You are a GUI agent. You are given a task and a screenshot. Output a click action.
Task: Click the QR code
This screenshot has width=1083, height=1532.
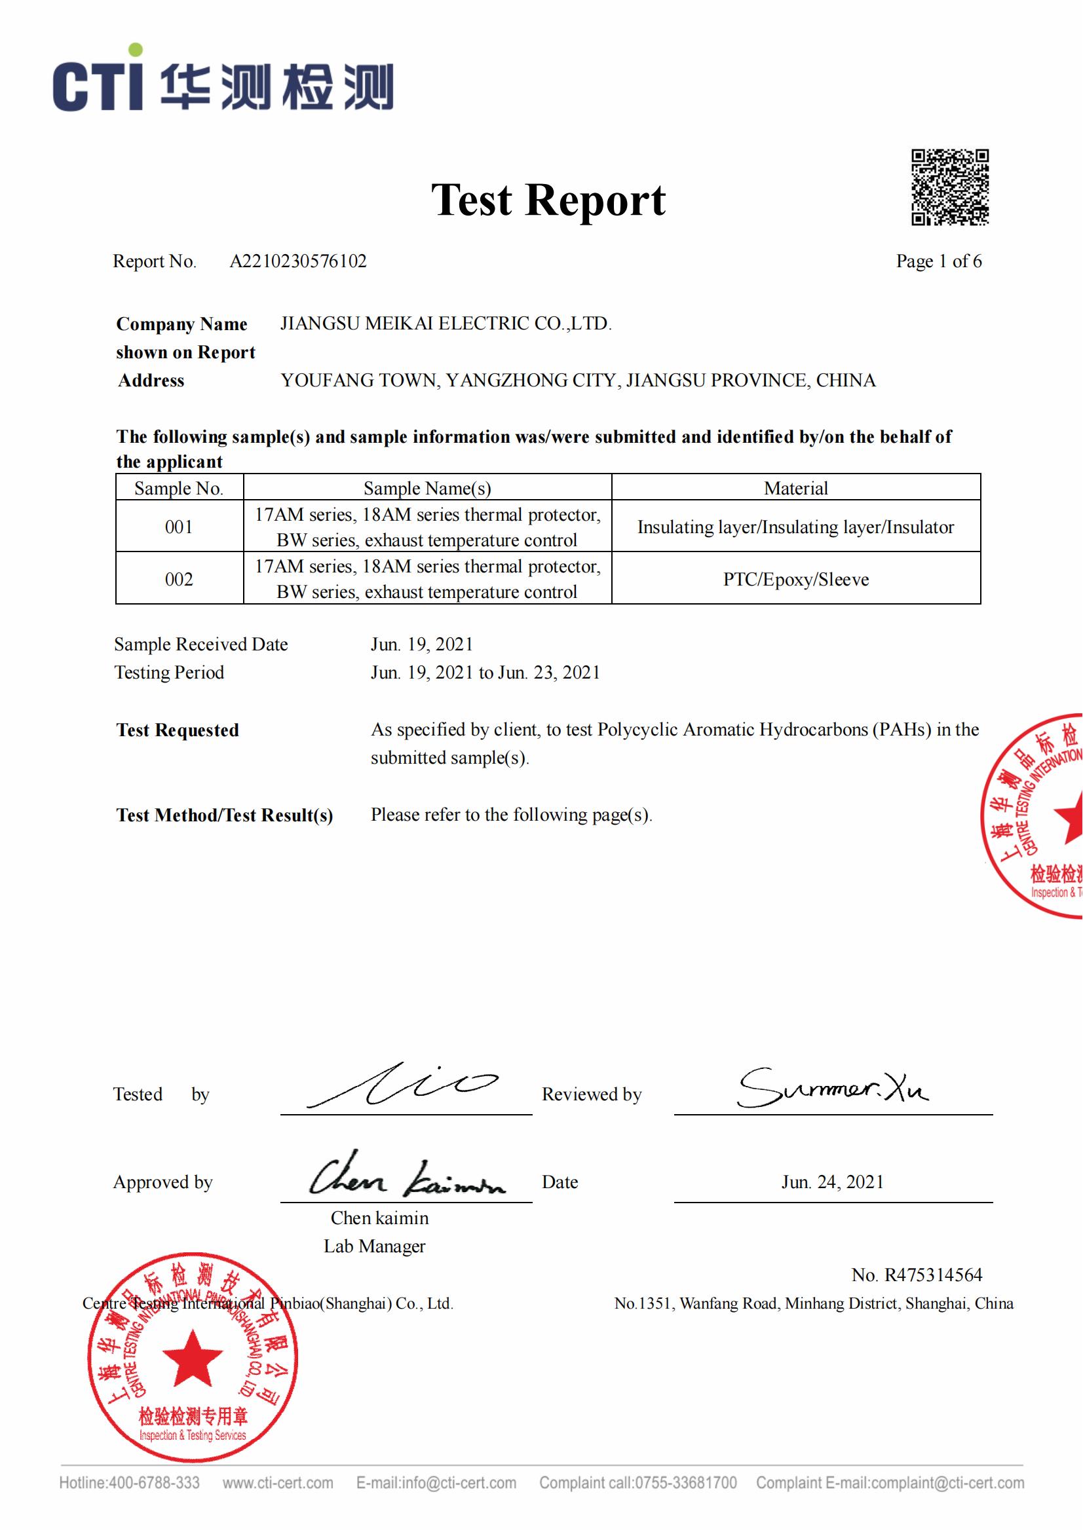[x=949, y=187]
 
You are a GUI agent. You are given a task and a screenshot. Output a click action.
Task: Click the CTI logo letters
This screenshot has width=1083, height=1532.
[x=98, y=83]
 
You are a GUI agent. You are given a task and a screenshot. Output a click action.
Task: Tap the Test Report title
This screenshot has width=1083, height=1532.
[x=548, y=200]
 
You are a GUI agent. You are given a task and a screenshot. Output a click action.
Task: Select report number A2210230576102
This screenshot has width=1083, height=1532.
[x=297, y=261]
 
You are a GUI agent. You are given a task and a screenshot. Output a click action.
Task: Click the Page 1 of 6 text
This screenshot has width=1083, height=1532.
[x=938, y=261]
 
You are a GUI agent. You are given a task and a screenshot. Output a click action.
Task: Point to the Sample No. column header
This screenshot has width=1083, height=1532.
[x=179, y=488]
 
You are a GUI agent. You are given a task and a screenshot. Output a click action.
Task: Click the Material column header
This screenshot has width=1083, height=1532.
[x=795, y=488]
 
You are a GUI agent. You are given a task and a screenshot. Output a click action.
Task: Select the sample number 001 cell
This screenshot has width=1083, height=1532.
[x=179, y=527]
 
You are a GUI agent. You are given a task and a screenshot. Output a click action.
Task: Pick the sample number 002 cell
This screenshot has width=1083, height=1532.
[x=179, y=578]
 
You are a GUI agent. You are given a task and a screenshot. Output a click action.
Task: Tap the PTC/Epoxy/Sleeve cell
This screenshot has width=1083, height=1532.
[x=795, y=578]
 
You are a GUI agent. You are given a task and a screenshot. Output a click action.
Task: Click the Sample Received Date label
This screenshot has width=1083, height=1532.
[x=201, y=644]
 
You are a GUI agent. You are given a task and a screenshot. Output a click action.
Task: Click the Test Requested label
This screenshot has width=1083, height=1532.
[x=178, y=730]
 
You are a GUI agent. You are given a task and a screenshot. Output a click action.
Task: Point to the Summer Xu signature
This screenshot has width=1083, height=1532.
[x=832, y=1089]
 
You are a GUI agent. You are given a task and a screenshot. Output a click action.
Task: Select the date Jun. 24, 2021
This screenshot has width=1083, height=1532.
[x=832, y=1182]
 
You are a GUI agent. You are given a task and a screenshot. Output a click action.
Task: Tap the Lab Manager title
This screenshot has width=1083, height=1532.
[x=374, y=1246]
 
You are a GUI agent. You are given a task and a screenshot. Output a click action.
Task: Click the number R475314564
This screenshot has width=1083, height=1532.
[x=933, y=1275]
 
